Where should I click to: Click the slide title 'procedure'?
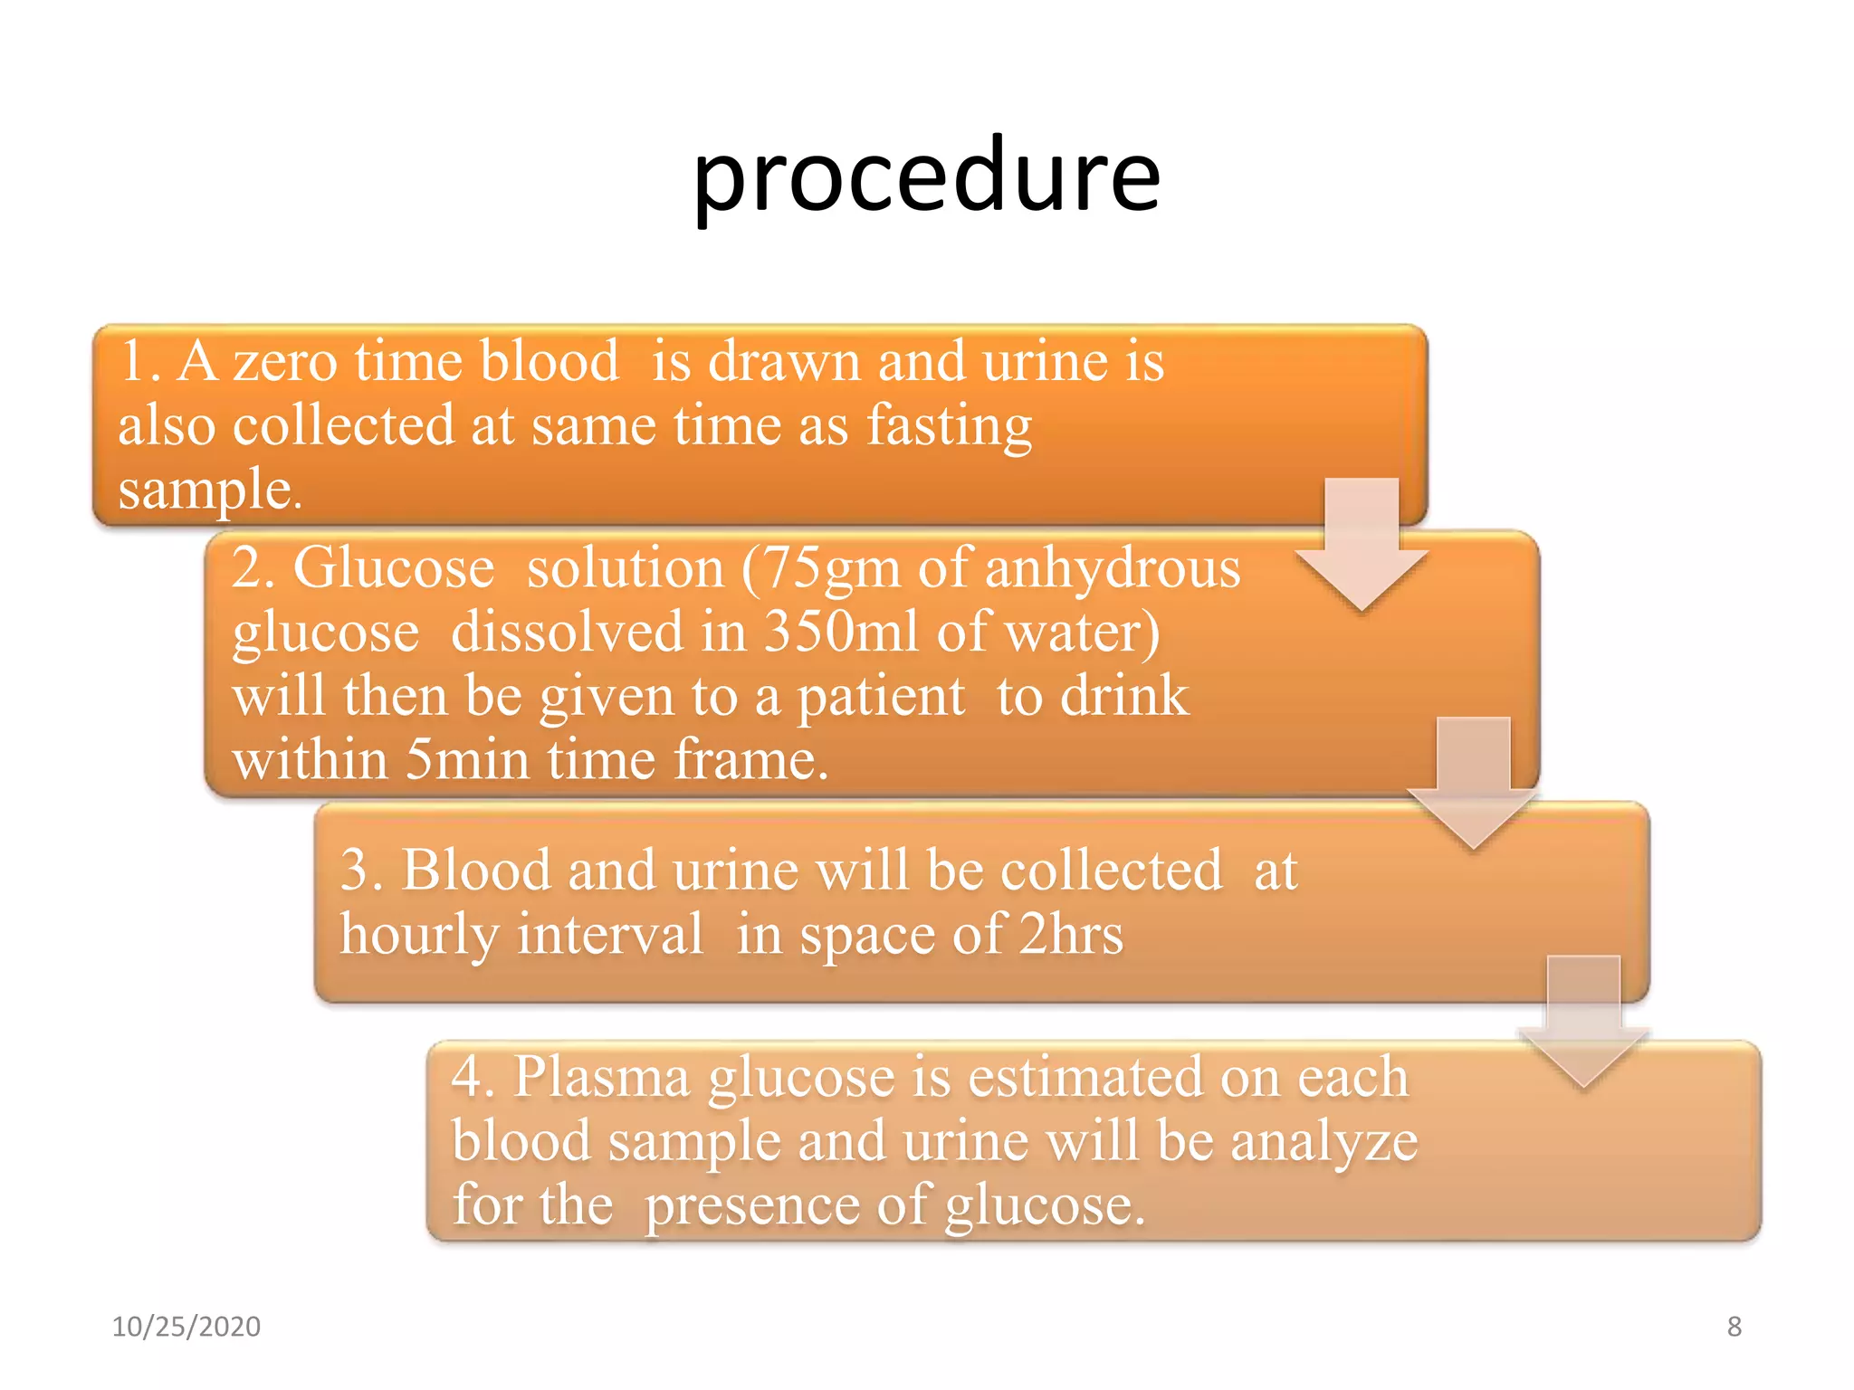[x=925, y=176]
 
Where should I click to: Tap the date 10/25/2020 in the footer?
[x=186, y=1327]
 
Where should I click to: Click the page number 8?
[x=1734, y=1327]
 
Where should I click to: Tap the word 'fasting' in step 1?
[x=949, y=425]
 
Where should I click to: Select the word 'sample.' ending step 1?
[x=210, y=490]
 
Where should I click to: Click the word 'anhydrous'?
[x=1112, y=568]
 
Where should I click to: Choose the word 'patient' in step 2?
[x=881, y=696]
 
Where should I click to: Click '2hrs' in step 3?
[x=1071, y=934]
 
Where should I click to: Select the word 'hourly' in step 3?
[x=418, y=934]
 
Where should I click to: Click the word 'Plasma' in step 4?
[x=601, y=1077]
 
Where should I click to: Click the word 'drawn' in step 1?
[x=784, y=361]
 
